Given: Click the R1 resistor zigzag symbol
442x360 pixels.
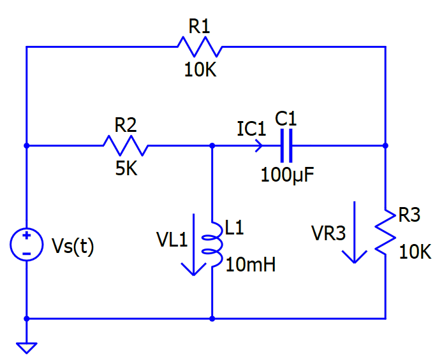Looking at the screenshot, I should (199, 47).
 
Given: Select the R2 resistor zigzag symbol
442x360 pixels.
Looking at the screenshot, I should (126, 145).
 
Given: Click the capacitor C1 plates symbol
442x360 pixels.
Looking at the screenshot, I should (286, 145).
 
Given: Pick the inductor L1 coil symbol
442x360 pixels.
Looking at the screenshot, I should (211, 245).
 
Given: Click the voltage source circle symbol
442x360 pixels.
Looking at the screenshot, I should (26, 245).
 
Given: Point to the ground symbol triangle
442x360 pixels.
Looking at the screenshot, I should (26, 347).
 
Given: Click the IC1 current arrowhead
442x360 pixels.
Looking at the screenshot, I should (258, 145).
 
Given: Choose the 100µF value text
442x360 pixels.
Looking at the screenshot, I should (287, 174).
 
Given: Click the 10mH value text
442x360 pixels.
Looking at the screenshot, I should (251, 264).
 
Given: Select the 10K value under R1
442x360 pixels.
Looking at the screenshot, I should (200, 70).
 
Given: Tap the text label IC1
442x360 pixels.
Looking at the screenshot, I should (251, 128).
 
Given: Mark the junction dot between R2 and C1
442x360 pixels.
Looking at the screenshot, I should (212, 145).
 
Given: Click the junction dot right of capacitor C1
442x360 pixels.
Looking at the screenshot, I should (385, 145).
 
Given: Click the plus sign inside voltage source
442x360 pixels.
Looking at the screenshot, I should (26, 236).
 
